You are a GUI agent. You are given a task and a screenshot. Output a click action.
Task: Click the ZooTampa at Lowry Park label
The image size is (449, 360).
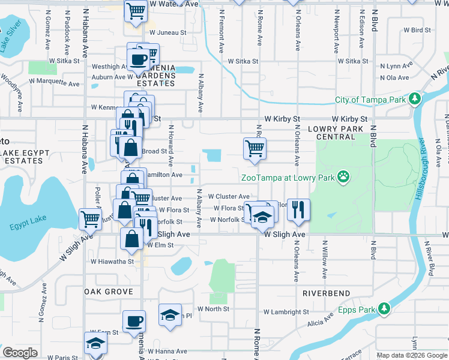(x=288, y=178)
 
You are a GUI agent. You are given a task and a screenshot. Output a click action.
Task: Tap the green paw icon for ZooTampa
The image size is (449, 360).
(x=343, y=176)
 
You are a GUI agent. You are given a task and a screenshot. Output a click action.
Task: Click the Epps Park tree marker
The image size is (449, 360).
(x=383, y=310)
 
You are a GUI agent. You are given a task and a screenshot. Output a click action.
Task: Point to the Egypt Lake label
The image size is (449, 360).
(x=26, y=227)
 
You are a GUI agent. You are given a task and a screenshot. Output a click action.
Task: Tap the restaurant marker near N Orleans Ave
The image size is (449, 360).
(x=298, y=209)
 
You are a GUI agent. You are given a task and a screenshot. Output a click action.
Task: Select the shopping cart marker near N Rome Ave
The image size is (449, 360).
(x=255, y=148)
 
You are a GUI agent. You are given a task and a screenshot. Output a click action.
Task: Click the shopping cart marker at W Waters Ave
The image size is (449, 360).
(x=136, y=10)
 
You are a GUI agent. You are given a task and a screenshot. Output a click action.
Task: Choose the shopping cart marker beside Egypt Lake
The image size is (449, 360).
(x=90, y=218)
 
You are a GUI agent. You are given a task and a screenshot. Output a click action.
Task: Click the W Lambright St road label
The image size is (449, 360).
(x=286, y=312)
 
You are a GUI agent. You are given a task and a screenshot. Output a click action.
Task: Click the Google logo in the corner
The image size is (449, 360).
(x=20, y=353)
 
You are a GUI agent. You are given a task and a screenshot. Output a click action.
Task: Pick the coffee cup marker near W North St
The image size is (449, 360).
(x=134, y=321)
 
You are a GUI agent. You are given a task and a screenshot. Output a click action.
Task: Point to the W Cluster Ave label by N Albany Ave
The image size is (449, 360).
(x=229, y=197)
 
